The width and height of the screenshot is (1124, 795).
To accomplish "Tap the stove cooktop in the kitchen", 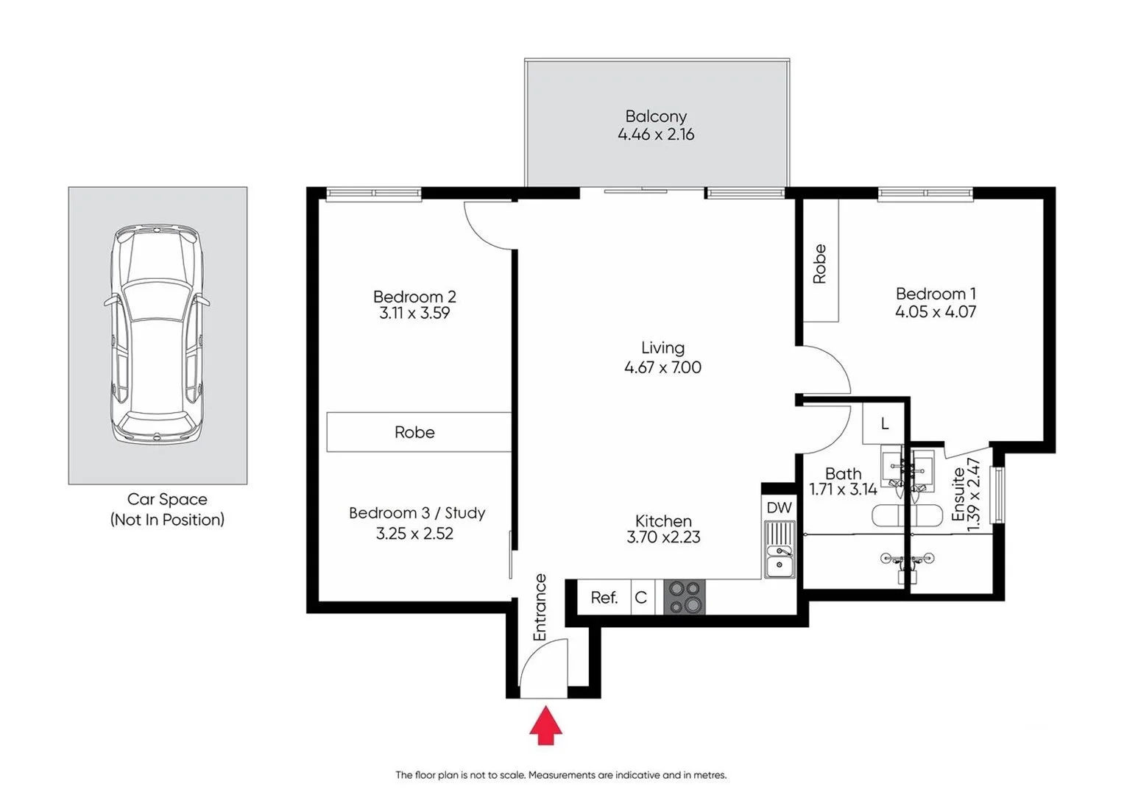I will [x=685, y=597].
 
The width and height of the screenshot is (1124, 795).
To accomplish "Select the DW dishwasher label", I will [x=779, y=507].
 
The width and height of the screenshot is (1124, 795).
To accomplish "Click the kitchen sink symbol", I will [x=780, y=549].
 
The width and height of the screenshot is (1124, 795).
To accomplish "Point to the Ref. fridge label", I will [x=604, y=598].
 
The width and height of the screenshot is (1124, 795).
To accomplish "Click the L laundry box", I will [x=885, y=423].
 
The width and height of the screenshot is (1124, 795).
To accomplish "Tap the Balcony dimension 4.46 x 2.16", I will [x=656, y=135].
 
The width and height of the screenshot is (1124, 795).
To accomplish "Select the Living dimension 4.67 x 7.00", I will [x=662, y=367].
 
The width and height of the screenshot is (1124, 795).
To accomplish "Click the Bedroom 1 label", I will [x=936, y=294].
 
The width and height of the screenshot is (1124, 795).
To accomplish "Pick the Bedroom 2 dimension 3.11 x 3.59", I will [x=414, y=313].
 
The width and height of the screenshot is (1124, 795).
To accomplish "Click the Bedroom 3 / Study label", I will [x=417, y=513].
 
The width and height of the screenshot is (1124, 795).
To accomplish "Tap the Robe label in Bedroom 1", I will [x=820, y=264].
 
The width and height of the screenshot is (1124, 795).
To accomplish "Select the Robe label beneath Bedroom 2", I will [x=414, y=432].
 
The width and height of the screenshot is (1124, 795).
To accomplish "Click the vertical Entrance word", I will [x=540, y=607].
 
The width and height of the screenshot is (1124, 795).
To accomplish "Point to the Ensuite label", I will [x=958, y=494].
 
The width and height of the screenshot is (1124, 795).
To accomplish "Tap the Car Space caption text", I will [x=167, y=500].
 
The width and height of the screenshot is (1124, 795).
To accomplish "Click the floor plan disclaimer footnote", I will [x=561, y=774].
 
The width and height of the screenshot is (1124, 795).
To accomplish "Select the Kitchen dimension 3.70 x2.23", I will [x=663, y=537].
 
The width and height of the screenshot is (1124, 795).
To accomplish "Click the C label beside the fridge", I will [x=641, y=598].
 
